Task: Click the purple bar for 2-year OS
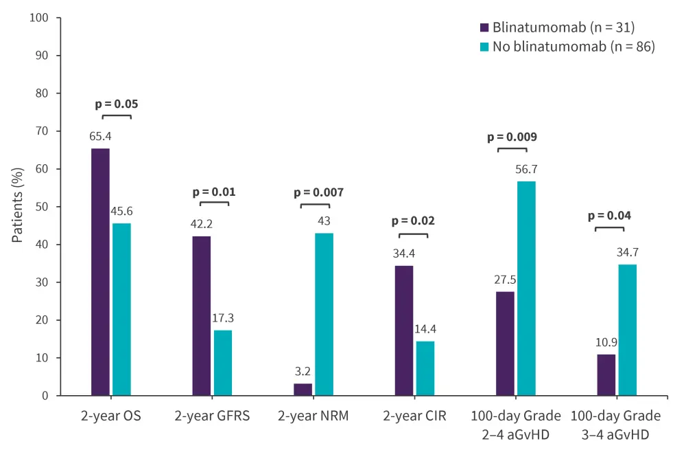pyautogui.click(x=100, y=272)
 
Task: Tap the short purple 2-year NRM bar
pyautogui.click(x=303, y=390)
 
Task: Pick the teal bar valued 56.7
pyautogui.click(x=526, y=289)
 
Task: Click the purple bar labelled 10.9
pyautogui.click(x=606, y=375)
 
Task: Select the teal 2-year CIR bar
pyautogui.click(x=425, y=368)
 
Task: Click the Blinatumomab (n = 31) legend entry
pyautogui.click(x=557, y=27)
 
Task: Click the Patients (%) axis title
pyautogui.click(x=18, y=207)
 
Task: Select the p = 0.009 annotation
pyautogui.click(x=512, y=137)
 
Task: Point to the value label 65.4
pyautogui.click(x=99, y=136)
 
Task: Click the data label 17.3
pyautogui.click(x=223, y=318)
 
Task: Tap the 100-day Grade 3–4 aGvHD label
pyautogui.click(x=616, y=425)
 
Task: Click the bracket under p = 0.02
pyautogui.click(x=413, y=235)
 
